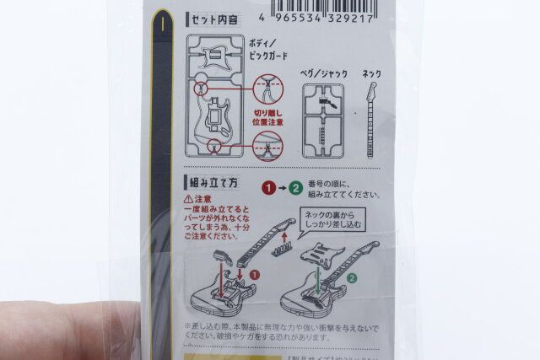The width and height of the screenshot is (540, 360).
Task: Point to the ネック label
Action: point(371,74)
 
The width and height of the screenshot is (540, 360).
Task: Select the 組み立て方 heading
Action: point(216,181)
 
